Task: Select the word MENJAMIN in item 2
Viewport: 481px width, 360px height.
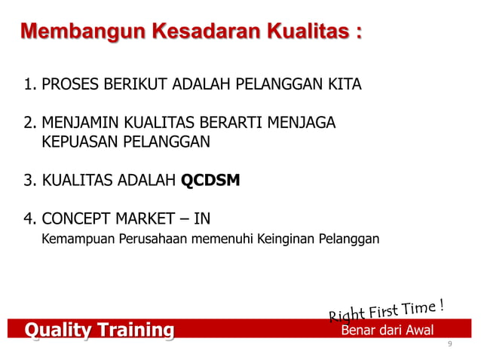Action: point(83,123)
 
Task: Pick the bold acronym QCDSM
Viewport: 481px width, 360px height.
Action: point(211,181)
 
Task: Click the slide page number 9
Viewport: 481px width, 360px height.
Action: point(449,344)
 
